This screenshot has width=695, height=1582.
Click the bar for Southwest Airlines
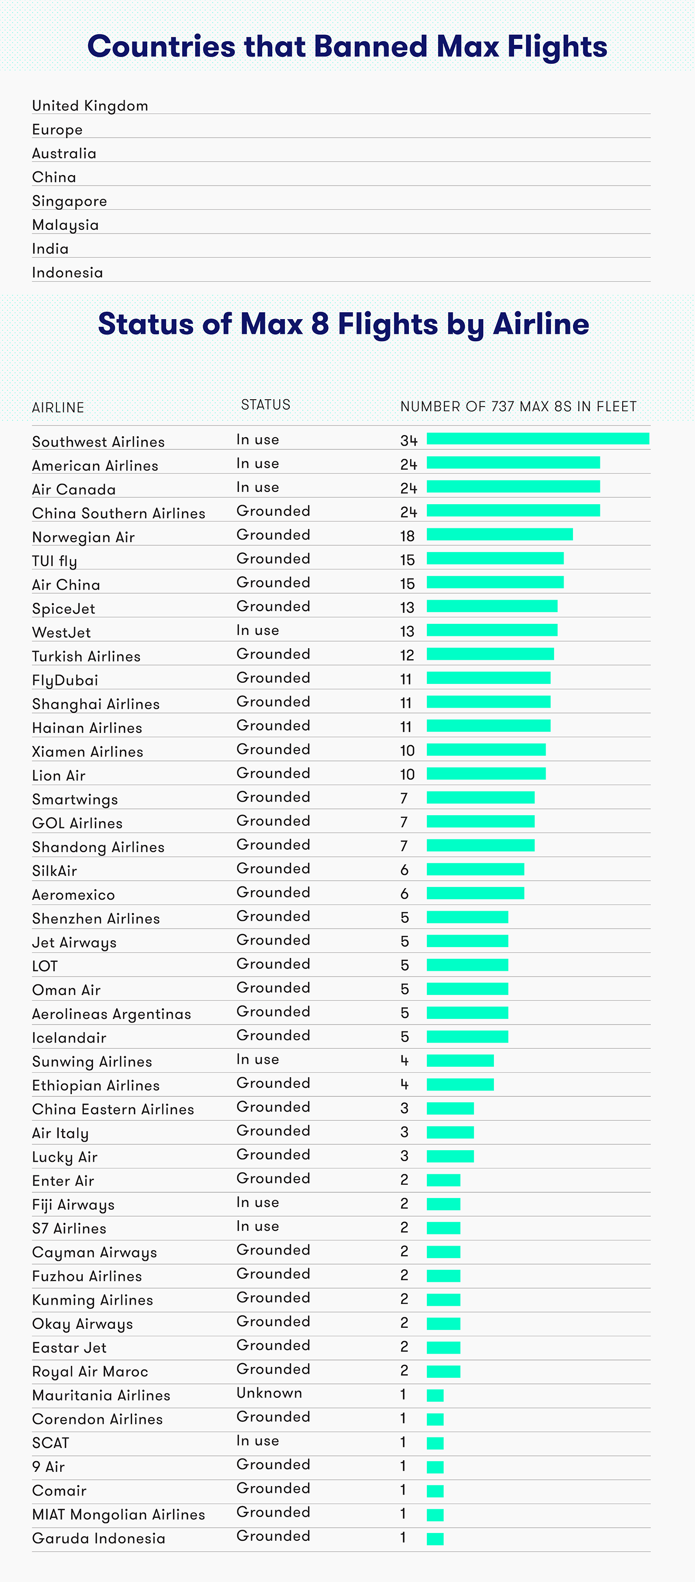(538, 439)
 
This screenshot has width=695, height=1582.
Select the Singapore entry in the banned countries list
(70, 201)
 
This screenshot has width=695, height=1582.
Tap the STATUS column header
(265, 404)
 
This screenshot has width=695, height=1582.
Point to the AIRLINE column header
(58, 407)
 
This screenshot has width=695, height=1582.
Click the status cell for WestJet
(258, 630)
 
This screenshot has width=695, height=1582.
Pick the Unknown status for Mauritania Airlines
(269, 1393)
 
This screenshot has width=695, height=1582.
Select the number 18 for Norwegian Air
(407, 536)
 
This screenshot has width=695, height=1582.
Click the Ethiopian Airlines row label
(96, 1086)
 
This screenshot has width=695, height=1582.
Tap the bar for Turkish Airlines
(490, 654)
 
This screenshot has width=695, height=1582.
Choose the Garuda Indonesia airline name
(98, 1538)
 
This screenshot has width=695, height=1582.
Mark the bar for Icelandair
(468, 1037)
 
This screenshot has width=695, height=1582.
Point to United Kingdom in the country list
(90, 105)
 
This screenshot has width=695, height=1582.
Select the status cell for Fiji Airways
(258, 1202)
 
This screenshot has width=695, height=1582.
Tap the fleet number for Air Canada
(408, 489)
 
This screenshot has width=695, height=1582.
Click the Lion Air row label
(59, 776)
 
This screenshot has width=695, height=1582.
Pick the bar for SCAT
(435, 1443)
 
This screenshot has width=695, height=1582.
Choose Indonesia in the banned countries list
(68, 273)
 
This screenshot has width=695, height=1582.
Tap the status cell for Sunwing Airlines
(258, 1059)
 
